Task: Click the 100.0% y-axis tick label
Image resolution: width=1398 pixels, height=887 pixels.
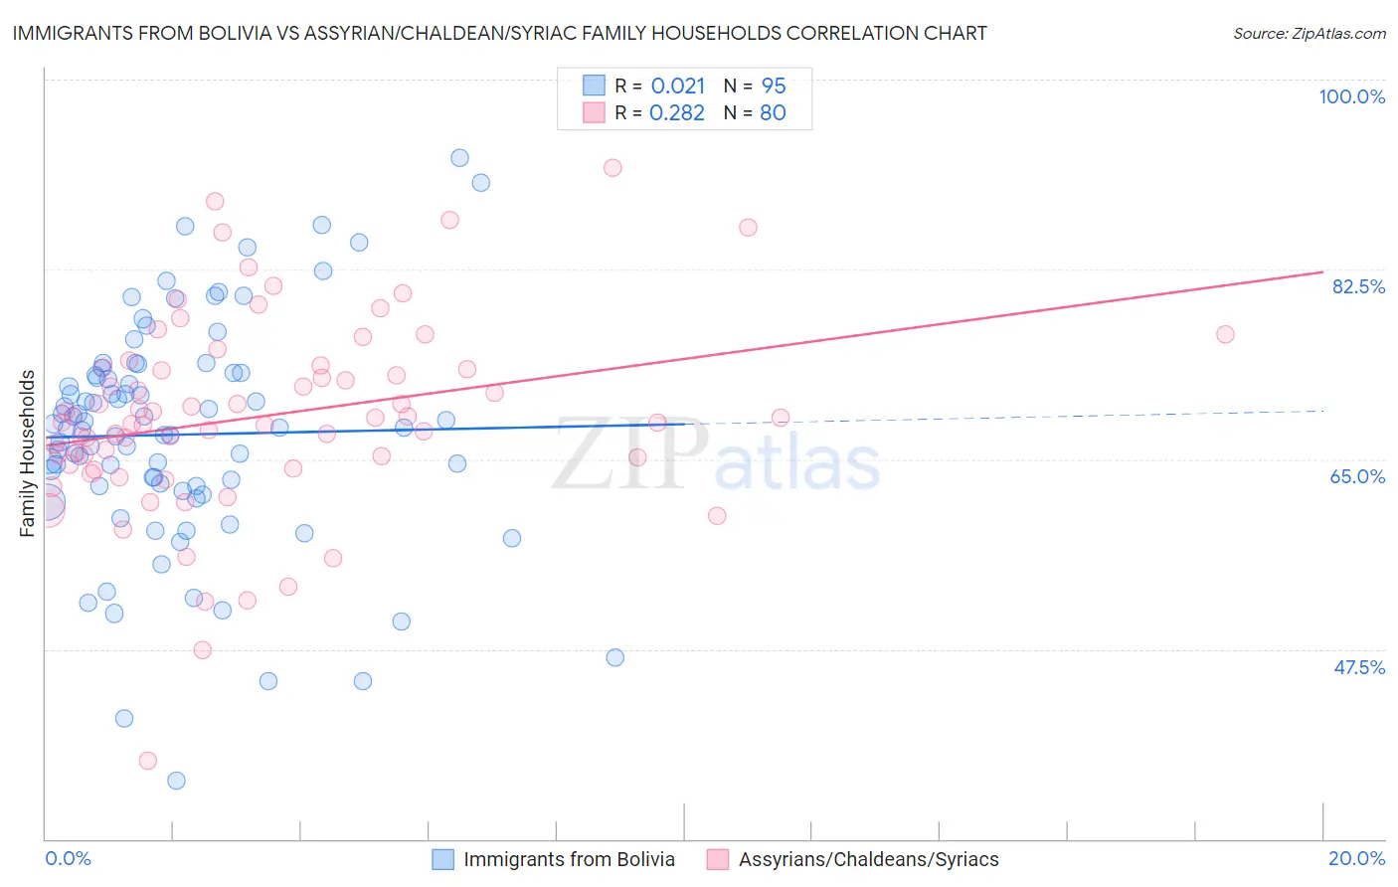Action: coord(1351,96)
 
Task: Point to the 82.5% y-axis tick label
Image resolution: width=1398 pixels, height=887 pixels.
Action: coord(1358,286)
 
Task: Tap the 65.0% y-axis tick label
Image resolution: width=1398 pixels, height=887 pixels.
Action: coord(1357,476)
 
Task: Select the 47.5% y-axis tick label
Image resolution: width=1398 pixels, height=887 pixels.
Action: coord(1358,667)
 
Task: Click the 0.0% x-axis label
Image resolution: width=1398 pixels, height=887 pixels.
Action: coord(68,858)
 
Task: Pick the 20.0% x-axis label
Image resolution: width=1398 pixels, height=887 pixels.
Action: coord(1356,858)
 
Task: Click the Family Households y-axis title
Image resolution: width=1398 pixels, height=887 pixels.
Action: coord(27,453)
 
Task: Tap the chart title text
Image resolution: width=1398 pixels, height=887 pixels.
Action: coord(499,33)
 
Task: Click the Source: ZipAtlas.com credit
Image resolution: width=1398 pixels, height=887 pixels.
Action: coord(1309,33)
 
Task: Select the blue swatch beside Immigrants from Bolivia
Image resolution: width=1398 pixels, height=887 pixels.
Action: coord(442,859)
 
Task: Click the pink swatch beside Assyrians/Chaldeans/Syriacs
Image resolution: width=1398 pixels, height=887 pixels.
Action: coord(718,859)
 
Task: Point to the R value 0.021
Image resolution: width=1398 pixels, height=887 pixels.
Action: coord(678,86)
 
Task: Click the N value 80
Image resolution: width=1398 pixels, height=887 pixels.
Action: coord(773,113)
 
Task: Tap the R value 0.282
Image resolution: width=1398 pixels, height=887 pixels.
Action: coord(677,113)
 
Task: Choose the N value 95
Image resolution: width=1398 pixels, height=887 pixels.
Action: coord(774,86)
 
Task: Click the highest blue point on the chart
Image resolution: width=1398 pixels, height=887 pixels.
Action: coord(459,158)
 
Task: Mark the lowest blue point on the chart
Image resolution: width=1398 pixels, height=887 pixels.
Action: coord(176,781)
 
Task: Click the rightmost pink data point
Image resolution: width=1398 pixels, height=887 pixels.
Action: coord(1225,334)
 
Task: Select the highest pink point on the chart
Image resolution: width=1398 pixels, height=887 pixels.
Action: coord(612,168)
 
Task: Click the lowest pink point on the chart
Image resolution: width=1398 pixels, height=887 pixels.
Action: coord(148,761)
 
